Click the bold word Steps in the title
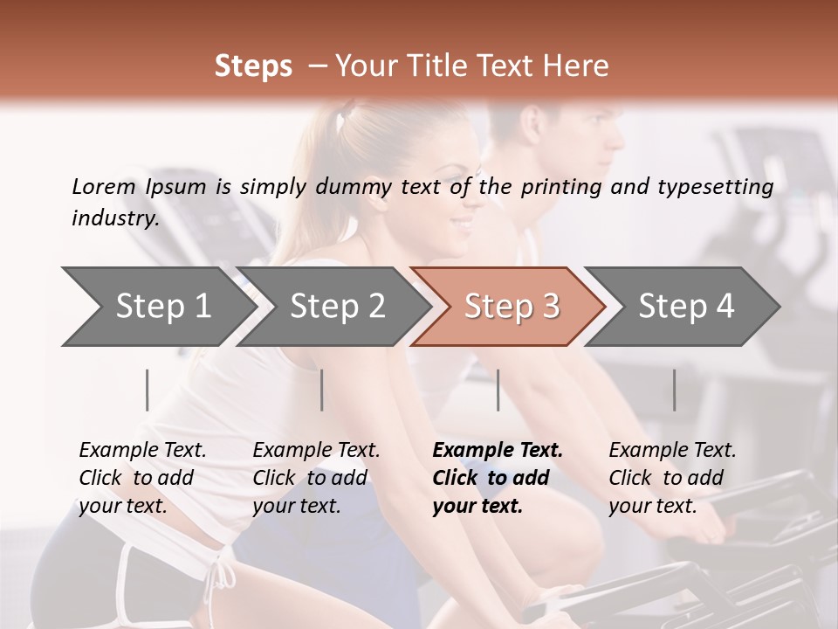click(253, 66)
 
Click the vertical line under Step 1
click(148, 390)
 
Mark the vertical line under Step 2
click(322, 390)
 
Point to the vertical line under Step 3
click(498, 390)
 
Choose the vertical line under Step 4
click(674, 390)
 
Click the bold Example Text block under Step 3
click(498, 478)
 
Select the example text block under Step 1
click(142, 478)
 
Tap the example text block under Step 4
click(672, 478)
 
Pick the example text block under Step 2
click(316, 478)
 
